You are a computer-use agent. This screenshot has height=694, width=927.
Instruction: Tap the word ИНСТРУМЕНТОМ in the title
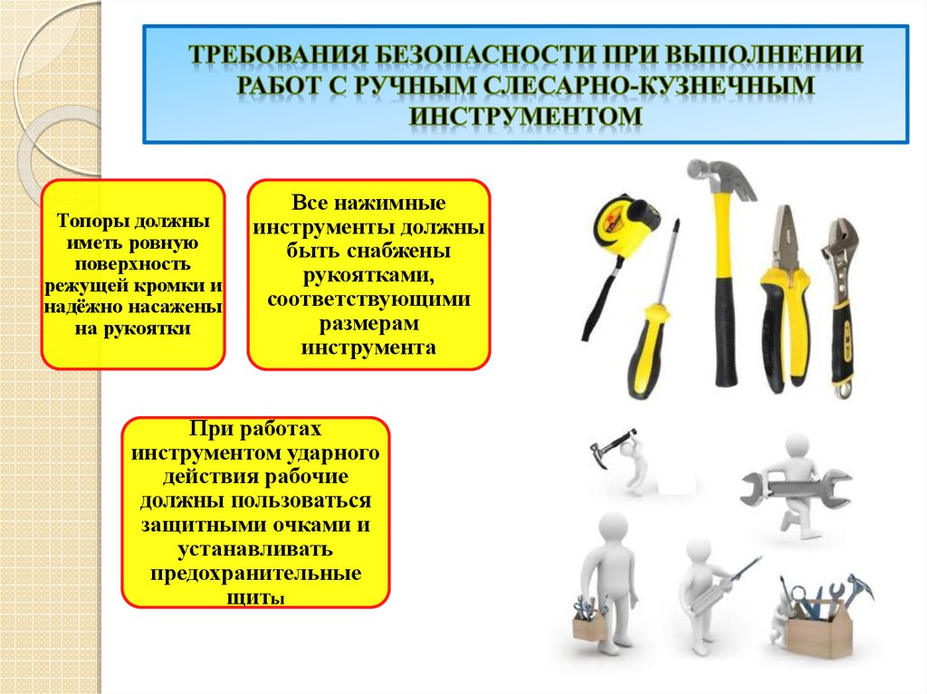(x=526, y=115)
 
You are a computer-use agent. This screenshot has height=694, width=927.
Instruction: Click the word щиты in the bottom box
(x=255, y=598)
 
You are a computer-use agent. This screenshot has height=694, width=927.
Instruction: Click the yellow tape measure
(x=626, y=223)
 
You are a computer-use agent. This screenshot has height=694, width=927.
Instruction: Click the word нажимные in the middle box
(x=389, y=203)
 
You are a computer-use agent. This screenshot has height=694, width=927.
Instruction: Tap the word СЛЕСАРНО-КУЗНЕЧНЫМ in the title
(x=649, y=84)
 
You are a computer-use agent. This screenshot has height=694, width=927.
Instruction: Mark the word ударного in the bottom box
(x=333, y=453)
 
